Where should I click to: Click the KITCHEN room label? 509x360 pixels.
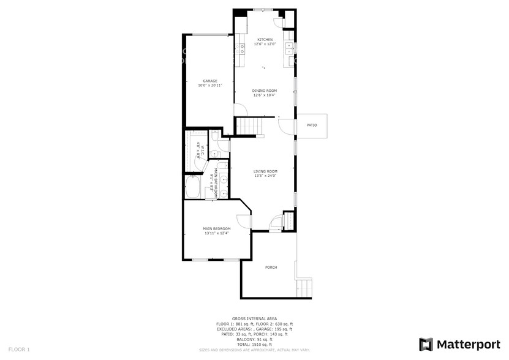tap(265, 40)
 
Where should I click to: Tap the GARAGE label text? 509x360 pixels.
tap(210, 81)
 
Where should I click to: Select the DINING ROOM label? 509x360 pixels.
tap(265, 91)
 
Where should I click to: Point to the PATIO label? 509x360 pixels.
tap(312, 125)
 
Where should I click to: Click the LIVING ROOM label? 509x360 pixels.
tap(266, 171)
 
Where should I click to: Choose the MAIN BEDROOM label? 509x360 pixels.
tap(216, 228)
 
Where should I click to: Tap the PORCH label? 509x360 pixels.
tap(271, 268)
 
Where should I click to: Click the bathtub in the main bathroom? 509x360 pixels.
tap(192, 187)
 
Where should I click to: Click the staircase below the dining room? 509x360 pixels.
tap(249, 126)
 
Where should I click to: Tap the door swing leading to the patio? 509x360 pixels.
tap(285, 127)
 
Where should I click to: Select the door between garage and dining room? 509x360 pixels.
tap(241, 111)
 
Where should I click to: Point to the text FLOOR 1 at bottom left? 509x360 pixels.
tap(19, 349)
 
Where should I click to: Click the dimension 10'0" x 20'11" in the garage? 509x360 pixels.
tap(210, 86)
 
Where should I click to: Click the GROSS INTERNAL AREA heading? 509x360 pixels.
tap(254, 318)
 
